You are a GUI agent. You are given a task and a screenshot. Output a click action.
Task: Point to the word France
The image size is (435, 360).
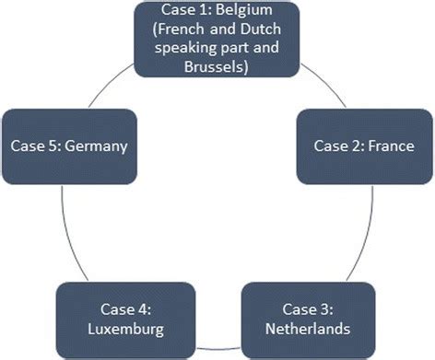tap(391, 145)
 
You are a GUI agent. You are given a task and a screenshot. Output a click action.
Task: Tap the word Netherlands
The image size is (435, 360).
tap(309, 329)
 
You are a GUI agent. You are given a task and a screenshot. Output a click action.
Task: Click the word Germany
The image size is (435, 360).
tap(94, 145)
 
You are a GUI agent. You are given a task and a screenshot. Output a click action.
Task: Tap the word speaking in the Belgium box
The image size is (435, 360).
tap(172, 49)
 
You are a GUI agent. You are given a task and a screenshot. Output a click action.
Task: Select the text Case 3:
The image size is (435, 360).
tap(309, 307)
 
